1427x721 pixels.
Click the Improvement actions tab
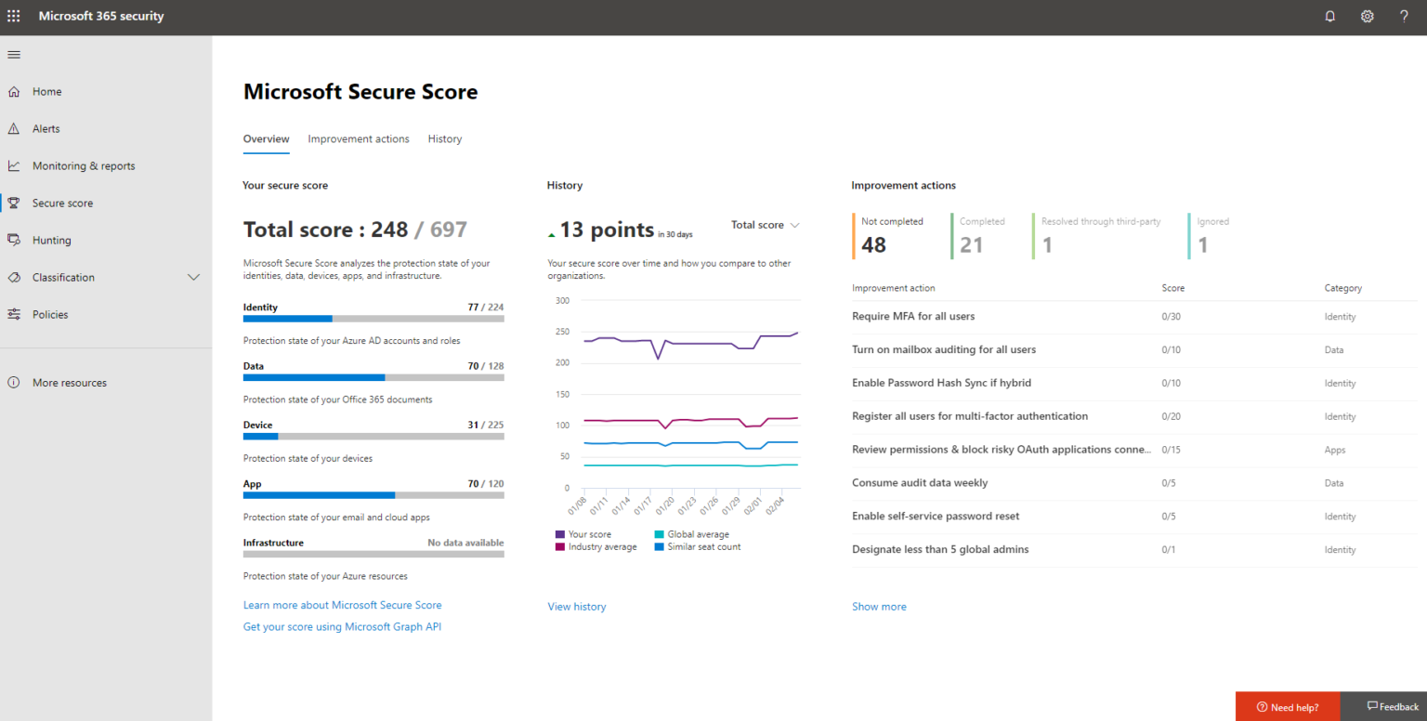359,139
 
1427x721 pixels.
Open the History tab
445,139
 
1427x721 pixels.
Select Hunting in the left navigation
51,241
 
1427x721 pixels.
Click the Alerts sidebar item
46,129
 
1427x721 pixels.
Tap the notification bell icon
1329,17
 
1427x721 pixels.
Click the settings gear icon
1367,17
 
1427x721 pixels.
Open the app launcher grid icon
14,17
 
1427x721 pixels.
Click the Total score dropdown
765,225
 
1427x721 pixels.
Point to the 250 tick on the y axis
561,332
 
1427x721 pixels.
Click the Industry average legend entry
602,547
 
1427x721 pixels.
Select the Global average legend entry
698,535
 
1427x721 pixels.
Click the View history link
577,607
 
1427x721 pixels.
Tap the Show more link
879,607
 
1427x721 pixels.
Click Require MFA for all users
913,317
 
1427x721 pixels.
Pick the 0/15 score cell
1171,451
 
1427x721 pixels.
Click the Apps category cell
1335,451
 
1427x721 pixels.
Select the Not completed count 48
874,245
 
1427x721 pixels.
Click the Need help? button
1288,707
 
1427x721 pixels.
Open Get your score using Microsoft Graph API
342,627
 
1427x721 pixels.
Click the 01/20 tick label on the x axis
665,507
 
